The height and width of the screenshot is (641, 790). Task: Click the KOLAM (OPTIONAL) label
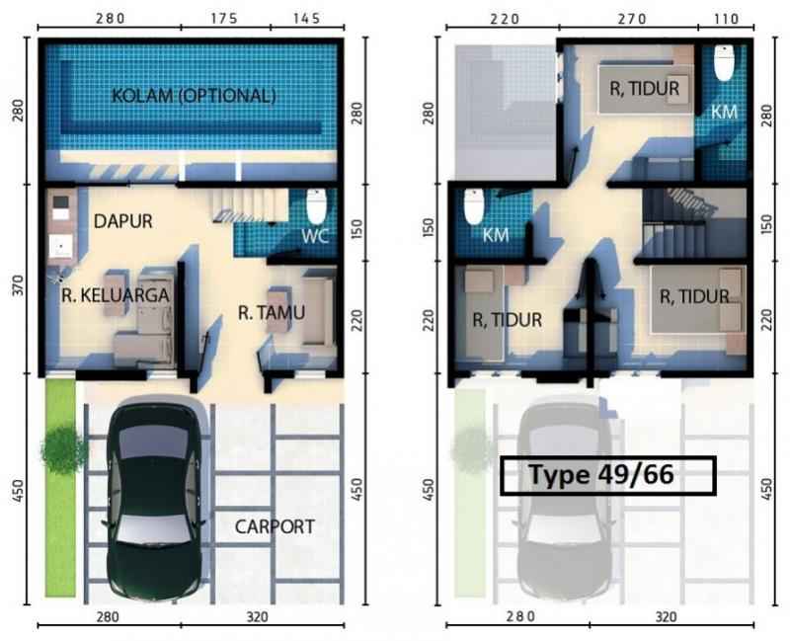tap(194, 95)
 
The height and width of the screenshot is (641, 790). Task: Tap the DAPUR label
tap(122, 220)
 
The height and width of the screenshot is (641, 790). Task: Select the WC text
tap(315, 235)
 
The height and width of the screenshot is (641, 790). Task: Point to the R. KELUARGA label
tap(116, 294)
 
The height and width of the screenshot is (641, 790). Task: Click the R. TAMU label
tap(272, 313)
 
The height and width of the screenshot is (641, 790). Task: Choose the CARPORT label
tap(275, 526)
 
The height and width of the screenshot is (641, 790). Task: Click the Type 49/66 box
tap(608, 475)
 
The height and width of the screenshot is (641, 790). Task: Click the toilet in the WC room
tap(316, 205)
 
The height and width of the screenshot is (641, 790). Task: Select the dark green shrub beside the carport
tap(63, 449)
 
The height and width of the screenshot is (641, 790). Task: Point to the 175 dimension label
tap(224, 19)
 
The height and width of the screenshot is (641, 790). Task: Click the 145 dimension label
tap(306, 19)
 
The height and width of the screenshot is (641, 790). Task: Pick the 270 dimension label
tap(632, 19)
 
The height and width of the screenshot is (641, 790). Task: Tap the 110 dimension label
tap(726, 19)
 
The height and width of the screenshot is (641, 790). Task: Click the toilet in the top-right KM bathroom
tap(724, 62)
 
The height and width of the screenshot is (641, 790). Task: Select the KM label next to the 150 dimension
tap(496, 235)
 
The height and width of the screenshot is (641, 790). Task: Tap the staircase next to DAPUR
tap(250, 205)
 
